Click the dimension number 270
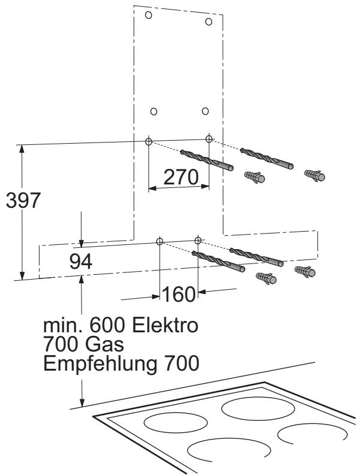(179, 177)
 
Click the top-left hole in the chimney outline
(149, 14)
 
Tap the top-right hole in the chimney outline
(208, 22)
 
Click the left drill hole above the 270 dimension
(149, 141)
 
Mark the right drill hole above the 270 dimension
(208, 139)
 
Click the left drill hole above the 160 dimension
(159, 241)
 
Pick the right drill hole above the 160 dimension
(198, 240)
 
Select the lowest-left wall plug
(265, 278)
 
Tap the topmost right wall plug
(315, 175)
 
